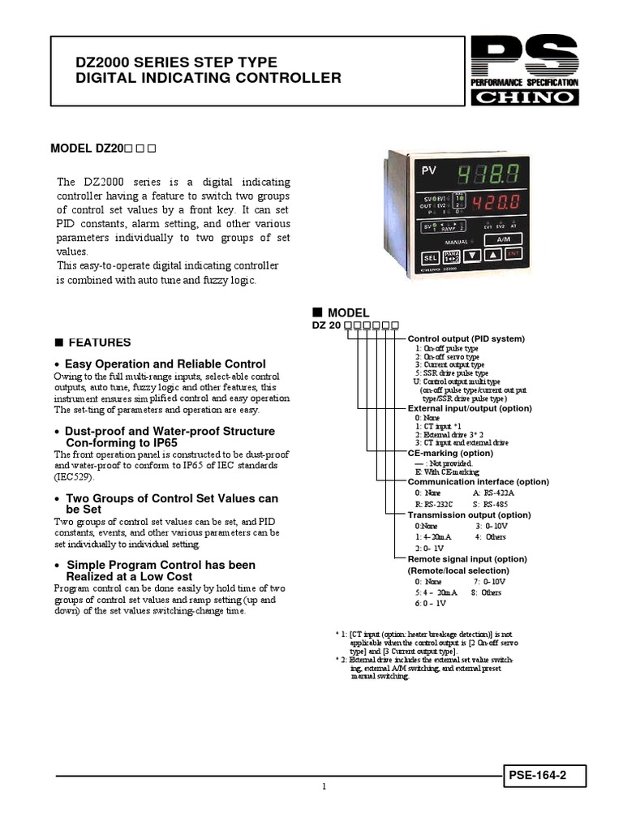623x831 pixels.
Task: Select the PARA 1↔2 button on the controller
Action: tap(451, 257)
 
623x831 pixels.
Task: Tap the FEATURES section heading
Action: tap(99, 342)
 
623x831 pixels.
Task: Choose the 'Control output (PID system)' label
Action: tap(466, 338)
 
